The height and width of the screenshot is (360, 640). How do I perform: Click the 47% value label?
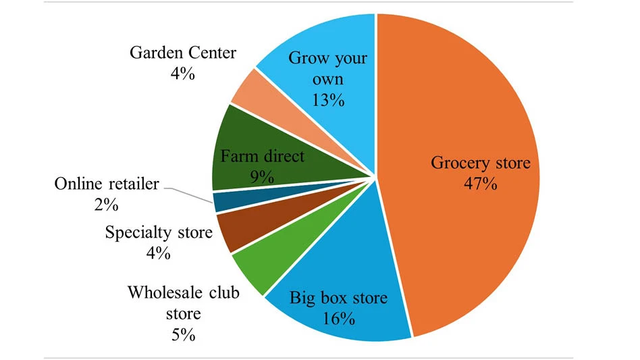pos(481,183)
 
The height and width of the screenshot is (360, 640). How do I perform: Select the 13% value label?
pos(328,101)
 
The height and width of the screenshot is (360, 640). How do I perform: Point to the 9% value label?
pos(261,177)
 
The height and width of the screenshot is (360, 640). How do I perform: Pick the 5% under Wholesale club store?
pos(183,334)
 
